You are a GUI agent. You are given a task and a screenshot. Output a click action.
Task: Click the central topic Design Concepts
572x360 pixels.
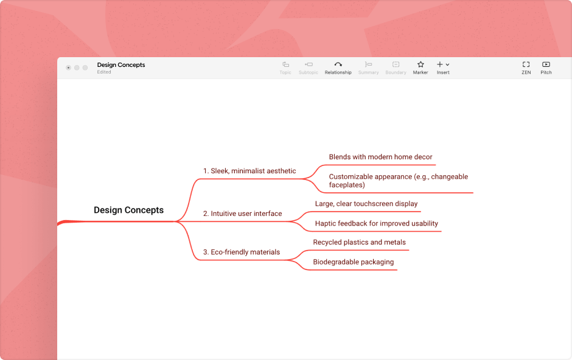pos(128,210)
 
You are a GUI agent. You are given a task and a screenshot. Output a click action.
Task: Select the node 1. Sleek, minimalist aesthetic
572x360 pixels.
pos(249,171)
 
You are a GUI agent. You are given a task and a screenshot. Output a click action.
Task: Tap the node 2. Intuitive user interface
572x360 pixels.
pos(242,213)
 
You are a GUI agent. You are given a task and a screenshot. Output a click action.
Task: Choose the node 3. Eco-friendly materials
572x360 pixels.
pos(242,252)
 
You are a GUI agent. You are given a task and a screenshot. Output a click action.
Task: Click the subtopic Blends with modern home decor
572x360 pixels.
pos(380,157)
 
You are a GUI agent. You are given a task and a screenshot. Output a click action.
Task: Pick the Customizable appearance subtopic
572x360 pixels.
pos(398,181)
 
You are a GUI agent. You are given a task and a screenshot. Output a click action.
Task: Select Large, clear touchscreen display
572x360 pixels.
pos(366,204)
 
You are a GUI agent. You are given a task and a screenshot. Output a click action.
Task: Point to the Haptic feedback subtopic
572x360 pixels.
pos(376,223)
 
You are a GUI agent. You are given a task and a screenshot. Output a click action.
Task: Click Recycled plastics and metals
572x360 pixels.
pos(359,242)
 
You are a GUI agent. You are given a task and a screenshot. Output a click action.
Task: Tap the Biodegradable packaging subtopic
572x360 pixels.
pos(353,262)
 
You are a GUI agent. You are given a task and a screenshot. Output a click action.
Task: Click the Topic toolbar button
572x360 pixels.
pos(285,67)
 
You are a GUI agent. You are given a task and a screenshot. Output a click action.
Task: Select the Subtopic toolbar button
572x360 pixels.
pos(309,67)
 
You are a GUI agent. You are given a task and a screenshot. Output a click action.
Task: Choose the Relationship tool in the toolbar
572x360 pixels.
pos(338,67)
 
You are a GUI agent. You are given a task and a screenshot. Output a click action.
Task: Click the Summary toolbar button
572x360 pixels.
pos(368,67)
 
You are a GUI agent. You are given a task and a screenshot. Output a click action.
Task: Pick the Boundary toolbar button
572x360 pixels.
pos(396,67)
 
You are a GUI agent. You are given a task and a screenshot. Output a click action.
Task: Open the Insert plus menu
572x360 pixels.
pos(442,67)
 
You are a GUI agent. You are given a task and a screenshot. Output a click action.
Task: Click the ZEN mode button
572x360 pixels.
pos(526,67)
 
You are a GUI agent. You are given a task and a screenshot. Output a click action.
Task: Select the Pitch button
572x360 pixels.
pos(546,67)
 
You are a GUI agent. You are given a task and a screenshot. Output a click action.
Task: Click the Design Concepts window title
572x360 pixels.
pos(121,65)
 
